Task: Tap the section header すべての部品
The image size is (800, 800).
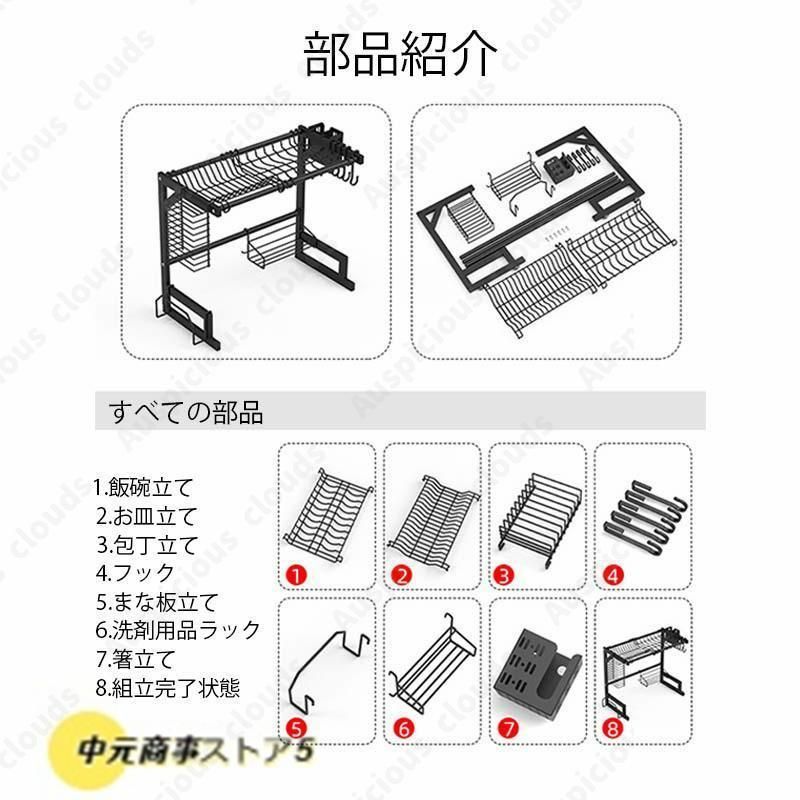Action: [x=186, y=412]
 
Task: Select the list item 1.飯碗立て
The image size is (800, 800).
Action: [x=143, y=487]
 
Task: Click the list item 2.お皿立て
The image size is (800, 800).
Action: [x=146, y=516]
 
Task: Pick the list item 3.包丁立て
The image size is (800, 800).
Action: [x=147, y=545]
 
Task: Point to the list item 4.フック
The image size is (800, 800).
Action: [x=135, y=573]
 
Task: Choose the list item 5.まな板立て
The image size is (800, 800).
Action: [x=157, y=602]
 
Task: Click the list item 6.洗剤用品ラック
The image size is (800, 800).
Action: [x=178, y=630]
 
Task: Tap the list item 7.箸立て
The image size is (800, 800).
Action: [x=136, y=659]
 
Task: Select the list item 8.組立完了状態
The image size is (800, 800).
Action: [x=168, y=688]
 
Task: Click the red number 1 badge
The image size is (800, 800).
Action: [x=296, y=576]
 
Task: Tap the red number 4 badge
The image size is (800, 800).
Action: [x=613, y=576]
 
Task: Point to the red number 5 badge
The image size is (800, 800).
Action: [x=296, y=728]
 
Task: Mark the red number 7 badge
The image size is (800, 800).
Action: [x=508, y=728]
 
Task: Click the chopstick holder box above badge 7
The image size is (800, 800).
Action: [x=537, y=671]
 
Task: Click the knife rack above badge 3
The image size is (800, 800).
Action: [x=539, y=519]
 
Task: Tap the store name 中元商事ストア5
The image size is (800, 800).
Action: [x=194, y=751]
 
